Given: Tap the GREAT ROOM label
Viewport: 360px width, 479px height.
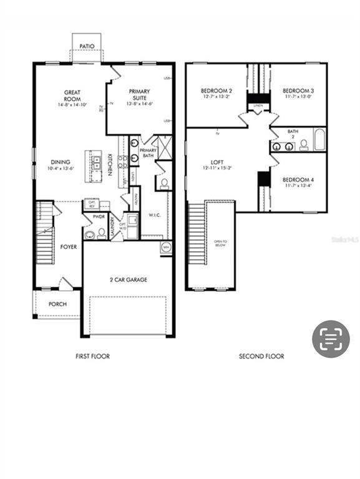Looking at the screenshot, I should click(72, 96).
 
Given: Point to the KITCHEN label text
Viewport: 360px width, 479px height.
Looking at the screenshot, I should click(110, 164).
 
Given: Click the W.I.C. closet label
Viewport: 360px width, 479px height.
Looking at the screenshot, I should click(155, 216).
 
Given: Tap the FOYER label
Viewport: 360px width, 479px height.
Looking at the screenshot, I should click(69, 247).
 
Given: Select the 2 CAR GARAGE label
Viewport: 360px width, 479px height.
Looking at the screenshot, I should click(129, 280).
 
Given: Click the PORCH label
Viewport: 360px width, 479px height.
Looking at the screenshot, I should click(57, 304).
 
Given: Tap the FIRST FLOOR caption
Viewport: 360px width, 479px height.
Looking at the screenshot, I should click(92, 356).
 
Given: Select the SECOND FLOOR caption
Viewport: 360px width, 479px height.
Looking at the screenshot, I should click(261, 356).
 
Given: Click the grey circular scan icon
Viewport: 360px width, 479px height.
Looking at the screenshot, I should click(331, 339).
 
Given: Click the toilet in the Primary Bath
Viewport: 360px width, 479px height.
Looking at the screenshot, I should click(164, 183).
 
